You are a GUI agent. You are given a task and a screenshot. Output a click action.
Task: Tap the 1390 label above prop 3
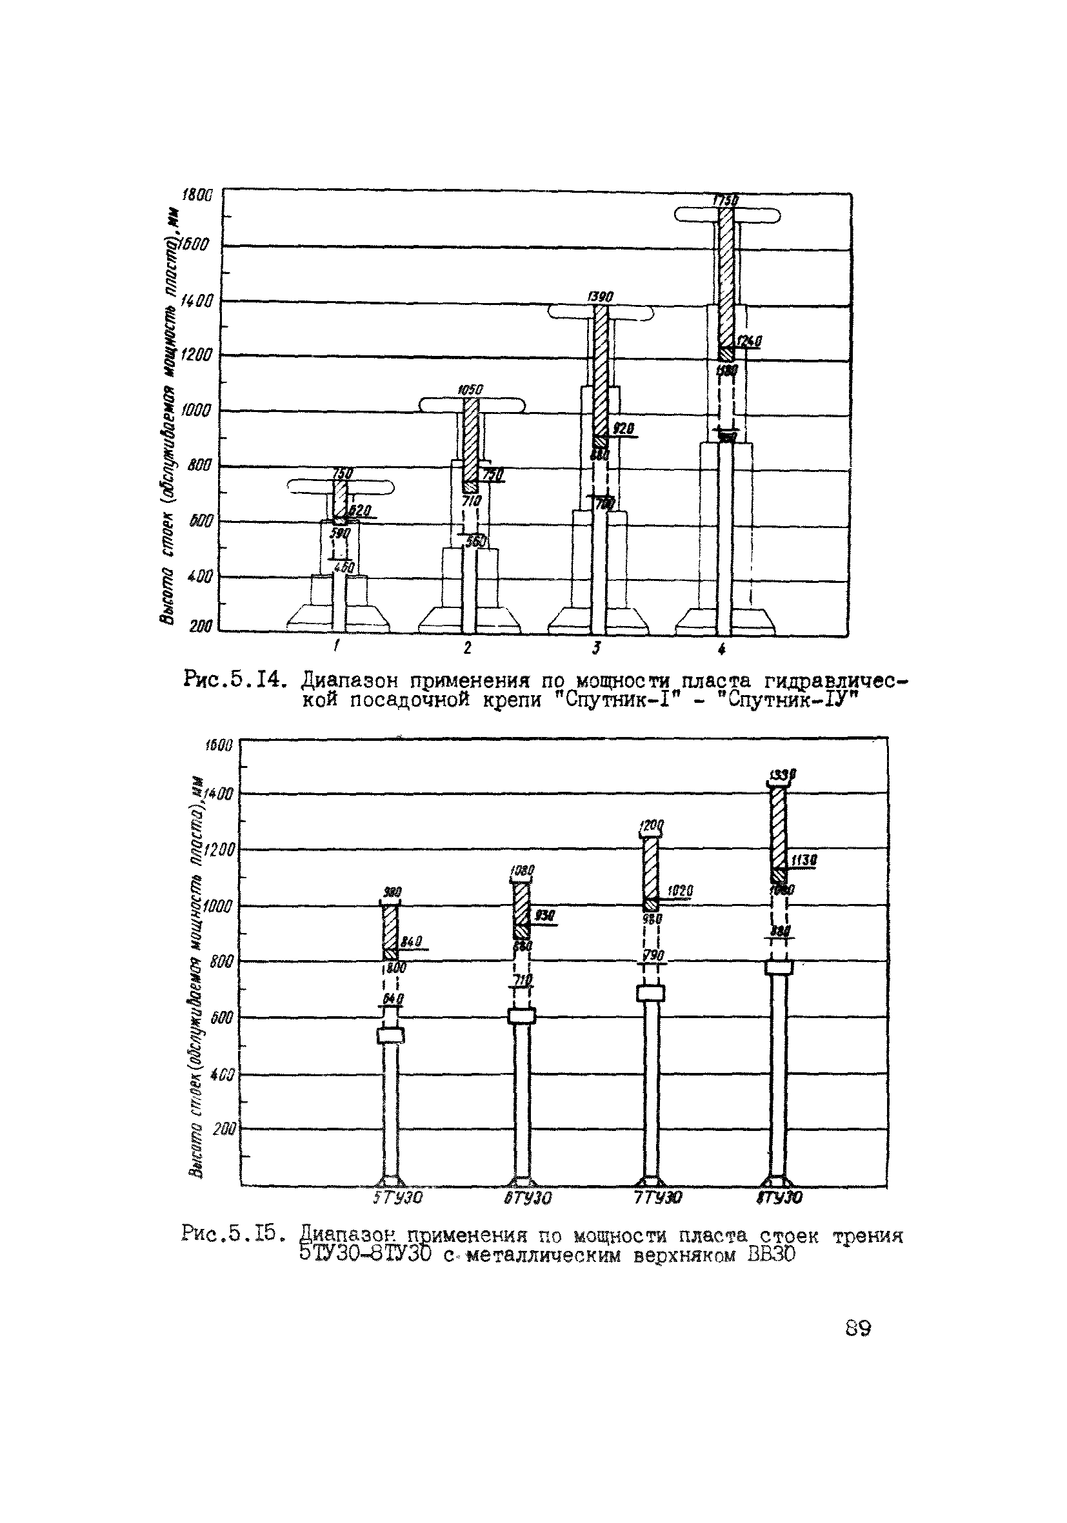click(x=601, y=297)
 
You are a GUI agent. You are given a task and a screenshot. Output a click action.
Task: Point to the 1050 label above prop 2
click(x=471, y=389)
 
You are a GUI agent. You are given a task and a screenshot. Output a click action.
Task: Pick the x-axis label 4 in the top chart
click(x=722, y=649)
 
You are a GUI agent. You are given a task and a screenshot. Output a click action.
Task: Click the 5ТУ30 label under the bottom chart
click(x=396, y=1198)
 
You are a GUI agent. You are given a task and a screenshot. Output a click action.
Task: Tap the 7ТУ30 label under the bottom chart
click(x=657, y=1198)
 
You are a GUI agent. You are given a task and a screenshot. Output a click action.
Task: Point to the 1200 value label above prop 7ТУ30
click(x=651, y=827)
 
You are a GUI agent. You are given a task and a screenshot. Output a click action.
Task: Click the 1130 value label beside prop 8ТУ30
click(x=804, y=861)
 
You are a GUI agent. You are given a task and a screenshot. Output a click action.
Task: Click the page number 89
click(x=858, y=1328)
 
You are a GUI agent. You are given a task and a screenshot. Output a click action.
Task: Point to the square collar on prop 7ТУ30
click(x=650, y=993)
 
